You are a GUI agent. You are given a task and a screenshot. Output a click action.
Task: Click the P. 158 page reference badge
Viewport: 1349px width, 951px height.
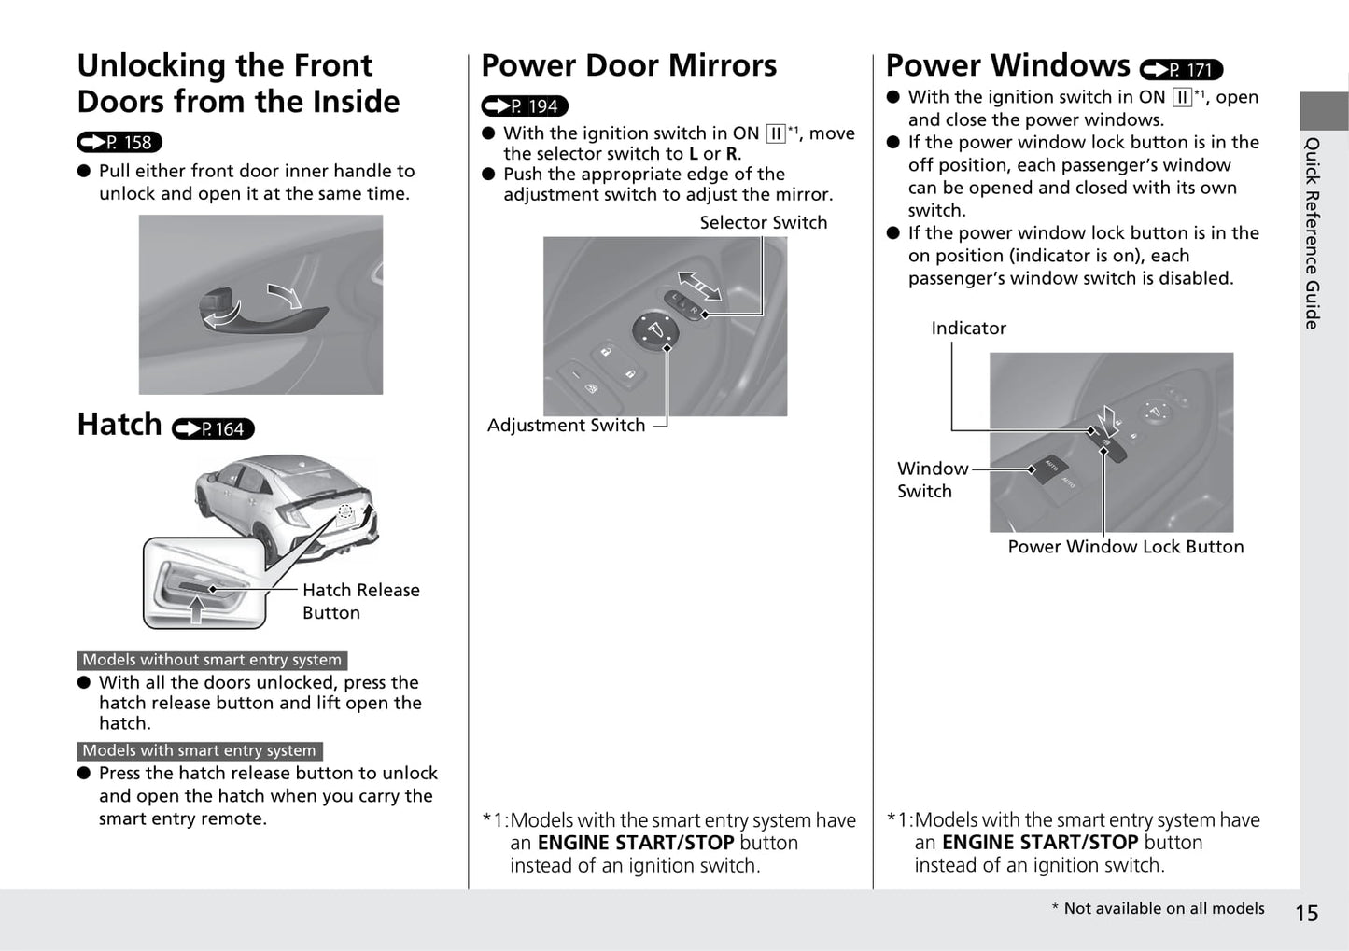click(x=119, y=142)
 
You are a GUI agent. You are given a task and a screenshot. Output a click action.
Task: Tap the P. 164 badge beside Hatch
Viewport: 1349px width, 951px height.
click(x=214, y=428)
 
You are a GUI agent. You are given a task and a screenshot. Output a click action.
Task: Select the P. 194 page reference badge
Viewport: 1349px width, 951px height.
click(x=525, y=106)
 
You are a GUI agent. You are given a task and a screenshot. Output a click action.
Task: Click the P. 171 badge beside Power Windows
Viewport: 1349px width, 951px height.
click(x=1181, y=70)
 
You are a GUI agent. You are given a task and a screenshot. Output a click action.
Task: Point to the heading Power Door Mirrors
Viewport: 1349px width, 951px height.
click(x=628, y=65)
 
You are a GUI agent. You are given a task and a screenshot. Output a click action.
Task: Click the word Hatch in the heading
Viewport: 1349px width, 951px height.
click(x=119, y=425)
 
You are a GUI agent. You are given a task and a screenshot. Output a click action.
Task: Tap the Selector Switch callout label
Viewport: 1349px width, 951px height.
click(x=763, y=222)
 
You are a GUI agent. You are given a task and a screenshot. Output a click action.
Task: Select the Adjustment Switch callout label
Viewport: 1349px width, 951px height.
click(x=566, y=426)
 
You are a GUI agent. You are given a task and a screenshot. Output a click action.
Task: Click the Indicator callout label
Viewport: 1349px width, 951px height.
click(x=968, y=329)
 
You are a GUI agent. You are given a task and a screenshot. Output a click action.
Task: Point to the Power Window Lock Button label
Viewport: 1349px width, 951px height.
click(x=1125, y=547)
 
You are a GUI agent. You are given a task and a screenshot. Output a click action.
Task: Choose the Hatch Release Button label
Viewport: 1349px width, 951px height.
click(x=360, y=601)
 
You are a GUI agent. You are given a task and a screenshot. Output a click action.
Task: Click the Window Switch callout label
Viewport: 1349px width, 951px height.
click(x=931, y=480)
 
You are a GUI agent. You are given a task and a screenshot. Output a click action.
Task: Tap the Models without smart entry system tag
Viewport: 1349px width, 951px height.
click(x=212, y=660)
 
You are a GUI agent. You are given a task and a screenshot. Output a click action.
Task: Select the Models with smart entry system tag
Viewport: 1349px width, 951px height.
click(x=199, y=750)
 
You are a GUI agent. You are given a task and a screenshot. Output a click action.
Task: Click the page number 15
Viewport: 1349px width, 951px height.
click(x=1306, y=913)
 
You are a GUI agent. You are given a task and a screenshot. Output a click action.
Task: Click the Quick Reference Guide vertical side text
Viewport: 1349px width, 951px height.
click(x=1313, y=233)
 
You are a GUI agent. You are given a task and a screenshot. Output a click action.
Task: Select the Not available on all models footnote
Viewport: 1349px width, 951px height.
click(x=1158, y=908)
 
